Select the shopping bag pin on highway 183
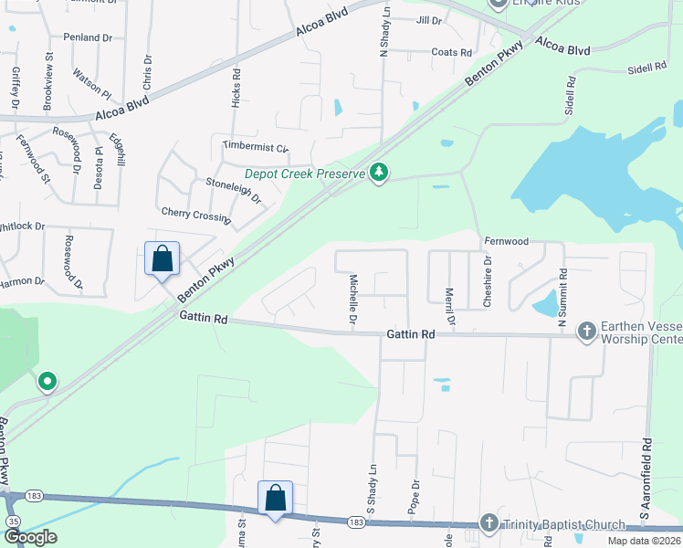tap(276, 499)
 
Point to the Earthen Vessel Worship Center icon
tap(587, 332)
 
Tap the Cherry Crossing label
tap(195, 216)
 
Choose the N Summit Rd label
tap(562, 290)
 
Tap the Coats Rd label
tap(451, 52)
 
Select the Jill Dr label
tap(428, 19)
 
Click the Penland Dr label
tap(87, 37)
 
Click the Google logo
tap(30, 537)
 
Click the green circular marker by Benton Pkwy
tap(47, 382)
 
